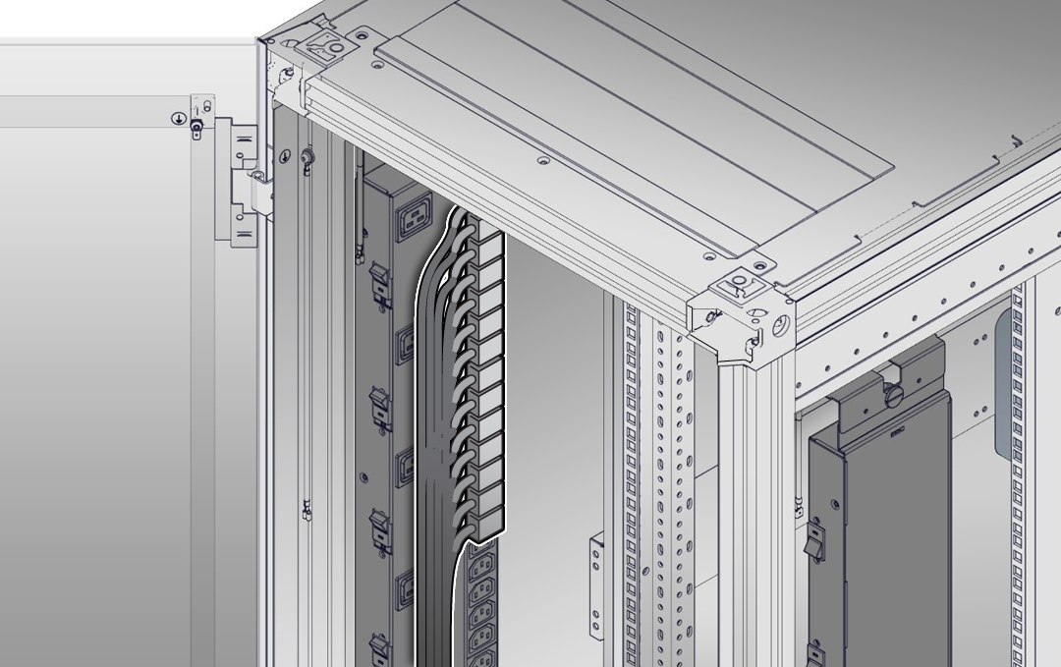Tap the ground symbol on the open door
point(179,119)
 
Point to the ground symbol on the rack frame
point(286,156)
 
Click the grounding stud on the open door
point(197,129)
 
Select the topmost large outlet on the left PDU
point(412,220)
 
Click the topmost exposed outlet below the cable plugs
point(483,566)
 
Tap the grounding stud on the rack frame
point(307,157)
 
